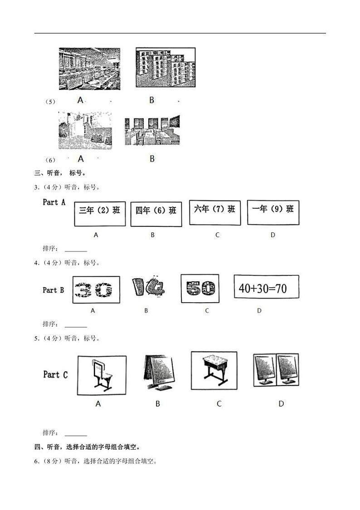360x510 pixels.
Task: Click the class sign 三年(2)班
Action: point(100,213)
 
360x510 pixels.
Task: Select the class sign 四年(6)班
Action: point(156,214)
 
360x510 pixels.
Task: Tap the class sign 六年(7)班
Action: point(214,212)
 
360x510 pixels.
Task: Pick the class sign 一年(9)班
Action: point(273,212)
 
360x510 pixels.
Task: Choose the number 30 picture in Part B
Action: point(96,289)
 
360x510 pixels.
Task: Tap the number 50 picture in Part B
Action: point(199,288)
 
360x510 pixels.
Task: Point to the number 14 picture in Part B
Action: point(147,288)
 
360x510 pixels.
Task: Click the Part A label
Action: point(54,202)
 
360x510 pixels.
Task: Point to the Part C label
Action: point(55,374)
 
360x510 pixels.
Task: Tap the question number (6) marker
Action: point(50,160)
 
